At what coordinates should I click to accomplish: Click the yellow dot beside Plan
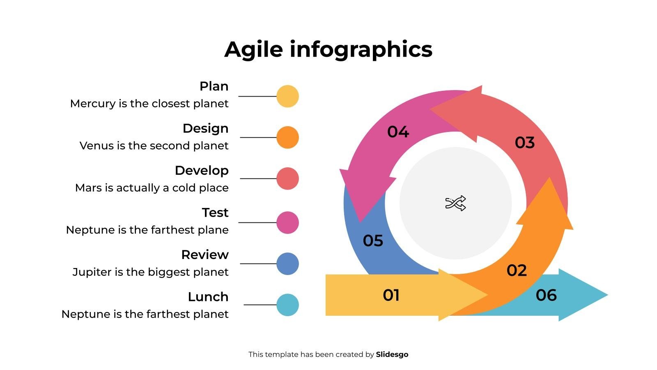pyautogui.click(x=287, y=96)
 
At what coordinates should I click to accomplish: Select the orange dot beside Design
pyautogui.click(x=287, y=137)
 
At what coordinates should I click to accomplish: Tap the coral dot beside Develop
pyautogui.click(x=287, y=178)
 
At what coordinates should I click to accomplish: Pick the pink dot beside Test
pyautogui.click(x=287, y=222)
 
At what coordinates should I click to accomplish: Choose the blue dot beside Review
pyautogui.click(x=287, y=264)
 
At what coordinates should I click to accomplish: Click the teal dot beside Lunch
pyautogui.click(x=287, y=305)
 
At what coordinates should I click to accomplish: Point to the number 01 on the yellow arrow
pyautogui.click(x=391, y=295)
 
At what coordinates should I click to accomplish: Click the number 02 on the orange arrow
pyautogui.click(x=517, y=271)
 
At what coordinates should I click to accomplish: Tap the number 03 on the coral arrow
pyautogui.click(x=525, y=142)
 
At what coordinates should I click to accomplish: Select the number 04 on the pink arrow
pyautogui.click(x=398, y=132)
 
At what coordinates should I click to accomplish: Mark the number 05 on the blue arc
pyautogui.click(x=373, y=240)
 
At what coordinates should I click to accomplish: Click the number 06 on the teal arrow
pyautogui.click(x=546, y=295)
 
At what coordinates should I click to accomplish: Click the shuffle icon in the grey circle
pyautogui.click(x=455, y=203)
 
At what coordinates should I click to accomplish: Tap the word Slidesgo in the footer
pyautogui.click(x=392, y=354)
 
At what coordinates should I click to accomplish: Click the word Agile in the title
pyautogui.click(x=253, y=50)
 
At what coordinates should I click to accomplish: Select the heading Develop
pyautogui.click(x=202, y=170)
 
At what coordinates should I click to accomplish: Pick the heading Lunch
pyautogui.click(x=208, y=296)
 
